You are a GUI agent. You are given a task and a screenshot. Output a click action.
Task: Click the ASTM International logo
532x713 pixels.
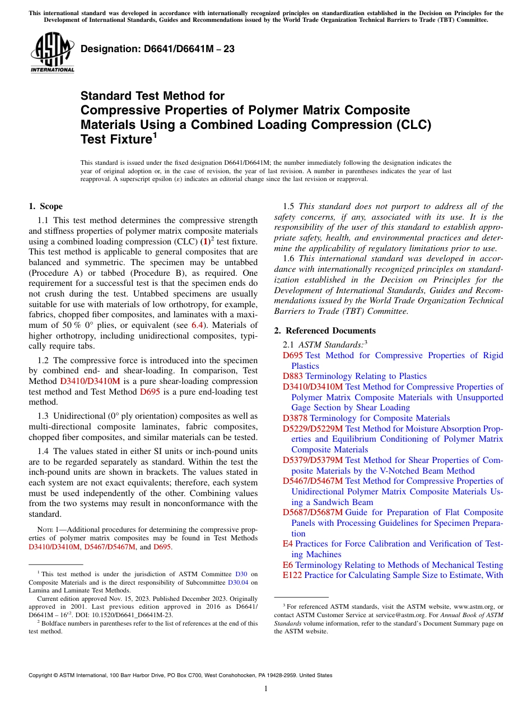52,53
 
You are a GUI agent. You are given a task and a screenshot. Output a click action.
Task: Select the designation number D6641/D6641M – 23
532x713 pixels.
157,49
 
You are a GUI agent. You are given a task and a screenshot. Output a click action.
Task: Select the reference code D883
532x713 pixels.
292,376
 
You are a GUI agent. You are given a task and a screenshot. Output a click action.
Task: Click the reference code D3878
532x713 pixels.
295,418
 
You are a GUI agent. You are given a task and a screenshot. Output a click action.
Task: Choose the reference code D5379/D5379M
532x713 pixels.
313,460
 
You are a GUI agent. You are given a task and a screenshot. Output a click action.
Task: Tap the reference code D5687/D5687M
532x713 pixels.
313,512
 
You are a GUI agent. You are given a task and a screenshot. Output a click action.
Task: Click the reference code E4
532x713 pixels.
288,544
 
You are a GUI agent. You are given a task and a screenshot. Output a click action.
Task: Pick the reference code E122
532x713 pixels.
292,575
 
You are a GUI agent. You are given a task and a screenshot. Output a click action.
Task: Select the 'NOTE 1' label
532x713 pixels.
44,530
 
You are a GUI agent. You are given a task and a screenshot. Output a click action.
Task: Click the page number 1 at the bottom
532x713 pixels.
265,688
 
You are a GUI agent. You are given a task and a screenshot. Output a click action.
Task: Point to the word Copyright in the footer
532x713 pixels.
42,675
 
